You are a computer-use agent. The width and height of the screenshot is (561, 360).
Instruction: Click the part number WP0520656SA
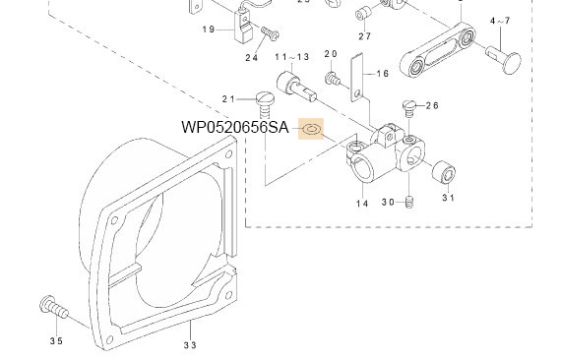click(x=235, y=127)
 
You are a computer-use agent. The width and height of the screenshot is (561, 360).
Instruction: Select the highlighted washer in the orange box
click(x=312, y=129)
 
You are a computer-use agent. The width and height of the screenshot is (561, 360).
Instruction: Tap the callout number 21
click(x=228, y=99)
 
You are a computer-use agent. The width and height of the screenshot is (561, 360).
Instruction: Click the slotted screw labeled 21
click(x=265, y=104)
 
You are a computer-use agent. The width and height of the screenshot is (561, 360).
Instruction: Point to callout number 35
click(x=56, y=340)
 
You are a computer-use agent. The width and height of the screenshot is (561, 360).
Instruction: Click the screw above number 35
click(x=53, y=307)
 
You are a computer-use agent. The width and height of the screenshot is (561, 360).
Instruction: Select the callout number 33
click(x=190, y=345)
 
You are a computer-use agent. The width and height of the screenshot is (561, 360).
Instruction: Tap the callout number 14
click(x=362, y=204)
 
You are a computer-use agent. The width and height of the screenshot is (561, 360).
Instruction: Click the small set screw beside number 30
click(x=409, y=203)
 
